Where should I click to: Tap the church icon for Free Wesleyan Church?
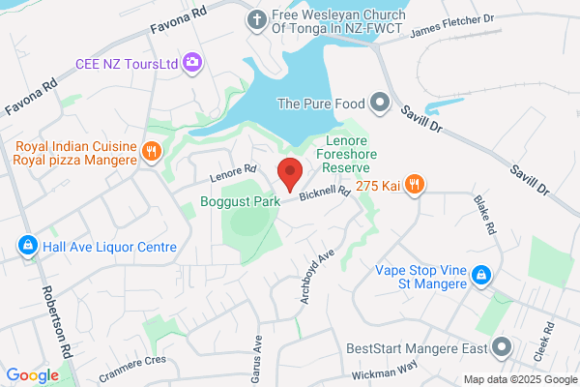257,19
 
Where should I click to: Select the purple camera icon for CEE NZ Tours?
192,63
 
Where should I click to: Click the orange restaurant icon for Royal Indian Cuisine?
151,151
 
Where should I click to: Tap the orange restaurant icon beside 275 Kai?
414,183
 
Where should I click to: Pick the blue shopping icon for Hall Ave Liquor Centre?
27,247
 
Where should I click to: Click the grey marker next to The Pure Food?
380,103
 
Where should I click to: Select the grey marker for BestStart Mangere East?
501,346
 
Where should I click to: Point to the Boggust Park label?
240,202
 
